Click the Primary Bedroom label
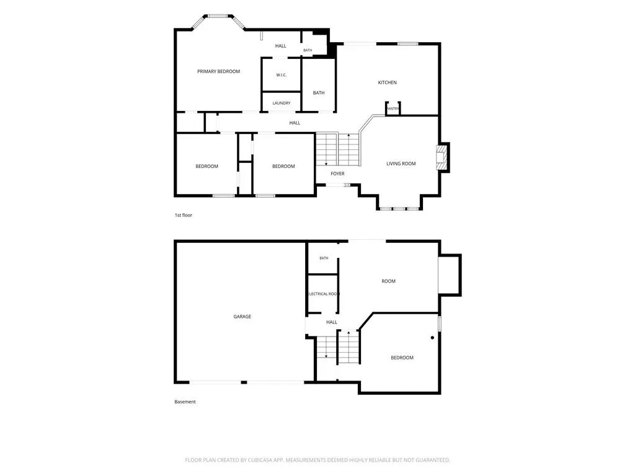pos(218,71)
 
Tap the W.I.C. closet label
pos(281,75)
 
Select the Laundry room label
pos(281,104)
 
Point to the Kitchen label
pos(387,82)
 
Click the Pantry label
pos(393,108)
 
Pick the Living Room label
pos(401,164)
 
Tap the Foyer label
pos(337,174)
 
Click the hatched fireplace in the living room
pos(441,157)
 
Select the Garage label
pos(242,317)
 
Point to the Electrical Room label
pos(323,294)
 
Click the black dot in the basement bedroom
pos(432,338)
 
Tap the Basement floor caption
pos(185,402)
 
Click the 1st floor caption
pos(184,215)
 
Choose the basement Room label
pos(388,281)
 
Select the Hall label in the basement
pos(332,322)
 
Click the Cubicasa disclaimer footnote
pos(317,460)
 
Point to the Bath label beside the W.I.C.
pos(319,93)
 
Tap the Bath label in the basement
pos(324,258)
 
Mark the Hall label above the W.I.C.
pos(281,46)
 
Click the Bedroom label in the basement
pos(402,358)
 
